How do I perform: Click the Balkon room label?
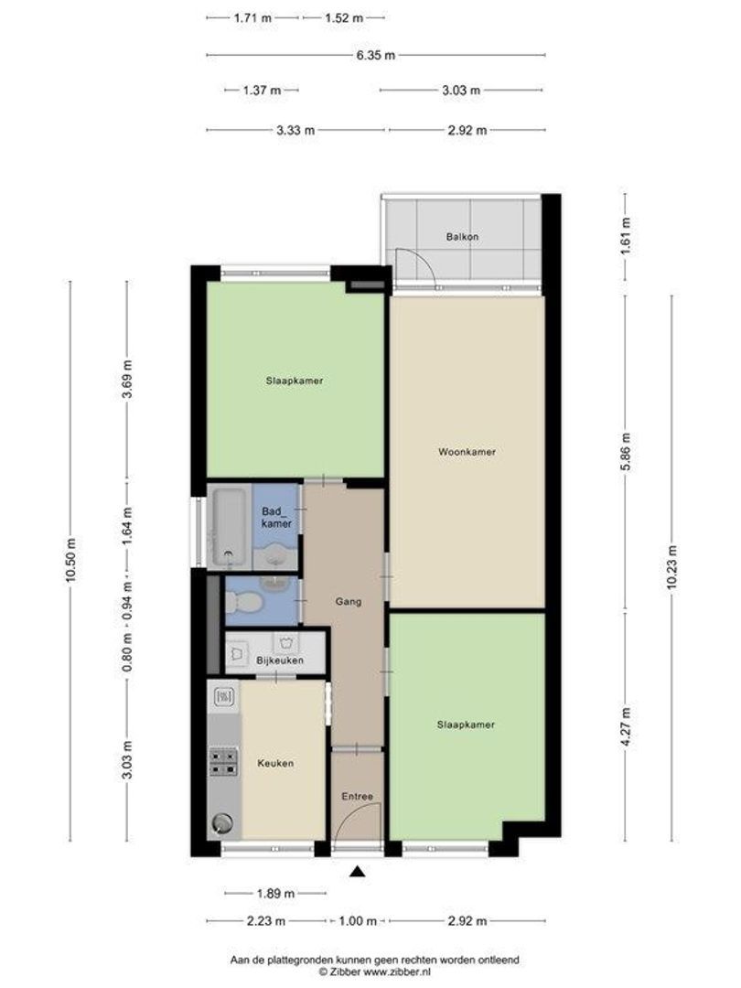coord(462,237)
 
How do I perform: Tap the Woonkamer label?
coord(467,452)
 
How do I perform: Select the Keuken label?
coord(275,764)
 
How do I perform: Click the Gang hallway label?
coord(348,602)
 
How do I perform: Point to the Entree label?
coord(358,797)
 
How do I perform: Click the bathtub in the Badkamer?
coord(227,527)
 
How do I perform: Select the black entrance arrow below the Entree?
coord(358,872)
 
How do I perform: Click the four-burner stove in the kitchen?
coord(223,762)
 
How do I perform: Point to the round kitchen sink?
coord(222,822)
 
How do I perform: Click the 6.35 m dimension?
coord(376,55)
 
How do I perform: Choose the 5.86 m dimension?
coord(625,453)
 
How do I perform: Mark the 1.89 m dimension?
coord(275,894)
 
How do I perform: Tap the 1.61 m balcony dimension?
coord(625,238)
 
